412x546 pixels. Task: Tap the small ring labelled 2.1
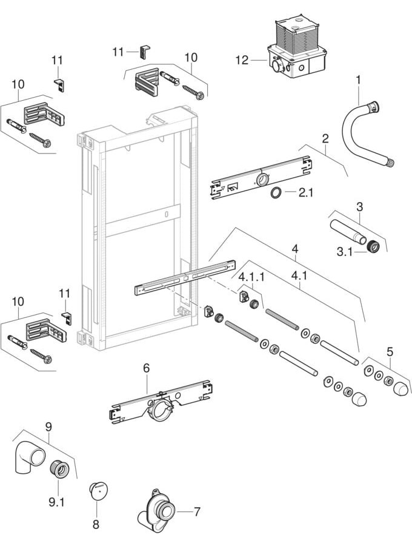274,194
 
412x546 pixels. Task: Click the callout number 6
146,368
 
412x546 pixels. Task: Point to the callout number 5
390,351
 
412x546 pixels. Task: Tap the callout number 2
325,138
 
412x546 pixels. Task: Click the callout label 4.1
299,276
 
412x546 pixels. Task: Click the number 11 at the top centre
118,52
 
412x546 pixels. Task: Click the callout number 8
96,524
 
